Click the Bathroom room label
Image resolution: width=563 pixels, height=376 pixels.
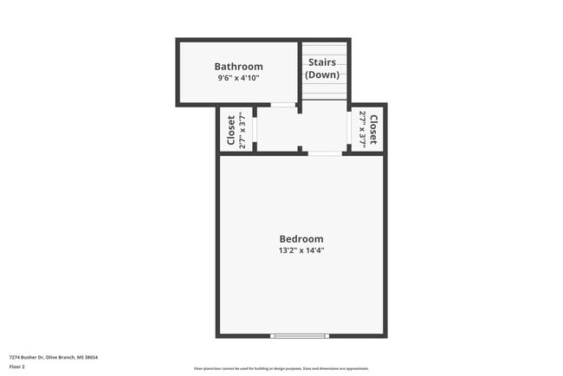(x=238, y=67)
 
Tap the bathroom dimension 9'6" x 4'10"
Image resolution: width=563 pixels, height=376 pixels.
(x=238, y=78)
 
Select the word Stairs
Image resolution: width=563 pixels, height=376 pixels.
(x=322, y=62)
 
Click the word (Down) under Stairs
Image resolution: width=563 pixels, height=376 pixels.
(x=322, y=75)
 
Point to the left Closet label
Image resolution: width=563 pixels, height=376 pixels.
(x=231, y=130)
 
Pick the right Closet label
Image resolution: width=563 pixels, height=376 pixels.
(x=373, y=130)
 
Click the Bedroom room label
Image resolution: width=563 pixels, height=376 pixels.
(x=301, y=239)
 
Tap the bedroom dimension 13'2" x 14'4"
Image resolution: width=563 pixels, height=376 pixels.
(x=301, y=250)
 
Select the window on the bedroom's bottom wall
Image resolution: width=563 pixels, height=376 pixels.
(x=300, y=335)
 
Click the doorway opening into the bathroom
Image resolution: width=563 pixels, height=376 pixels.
(x=282, y=105)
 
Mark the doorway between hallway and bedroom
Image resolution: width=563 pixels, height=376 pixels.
(x=325, y=153)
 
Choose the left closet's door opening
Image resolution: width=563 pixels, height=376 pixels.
(x=255, y=130)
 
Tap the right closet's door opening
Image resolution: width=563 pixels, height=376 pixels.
(x=349, y=130)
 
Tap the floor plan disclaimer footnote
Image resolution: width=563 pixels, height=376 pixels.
(x=281, y=368)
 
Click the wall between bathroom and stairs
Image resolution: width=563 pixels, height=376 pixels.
(x=300, y=74)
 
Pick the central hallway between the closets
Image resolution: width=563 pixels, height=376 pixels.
(x=301, y=130)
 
